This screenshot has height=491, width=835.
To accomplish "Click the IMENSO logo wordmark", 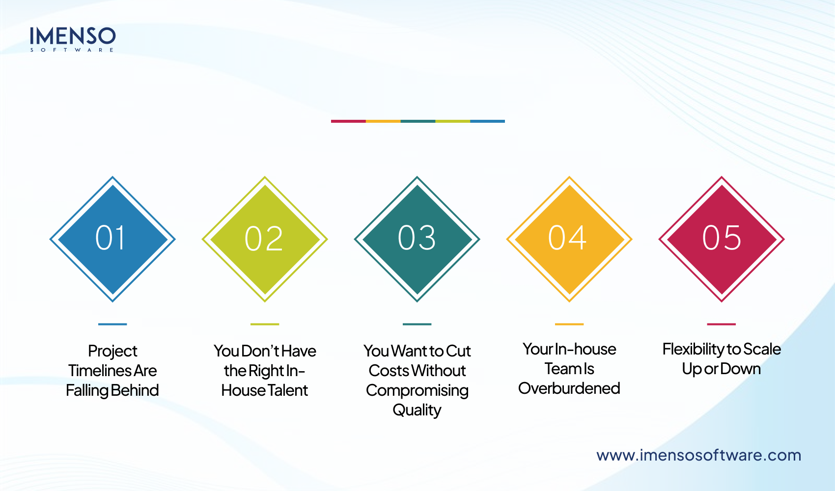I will tap(72, 36).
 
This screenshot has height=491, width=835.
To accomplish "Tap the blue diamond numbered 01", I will tap(112, 239).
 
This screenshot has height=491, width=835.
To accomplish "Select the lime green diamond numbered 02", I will tap(265, 239).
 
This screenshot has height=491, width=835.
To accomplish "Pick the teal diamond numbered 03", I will tap(417, 239).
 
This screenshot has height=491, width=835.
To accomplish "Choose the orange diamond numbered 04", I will tap(569, 239).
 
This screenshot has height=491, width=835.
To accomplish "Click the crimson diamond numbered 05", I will tap(722, 239).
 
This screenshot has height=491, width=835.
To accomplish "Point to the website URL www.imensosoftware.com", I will tap(698, 455).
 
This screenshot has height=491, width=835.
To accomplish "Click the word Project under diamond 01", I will tap(112, 351).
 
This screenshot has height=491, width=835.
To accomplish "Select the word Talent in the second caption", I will tap(288, 390).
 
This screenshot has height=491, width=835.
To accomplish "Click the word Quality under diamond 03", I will tap(417, 410).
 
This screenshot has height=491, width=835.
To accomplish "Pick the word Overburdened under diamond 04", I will tap(569, 388).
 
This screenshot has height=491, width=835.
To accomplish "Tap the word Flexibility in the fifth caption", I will tap(693, 349).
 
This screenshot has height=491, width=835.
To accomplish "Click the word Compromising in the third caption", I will tap(417, 390).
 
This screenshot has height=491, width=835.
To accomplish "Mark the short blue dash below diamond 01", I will tap(112, 324).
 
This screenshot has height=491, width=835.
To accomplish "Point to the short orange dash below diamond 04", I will tap(569, 324).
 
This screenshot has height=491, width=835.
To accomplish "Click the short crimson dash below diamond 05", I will tap(722, 324).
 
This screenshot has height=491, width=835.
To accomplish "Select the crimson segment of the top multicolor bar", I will tap(348, 121).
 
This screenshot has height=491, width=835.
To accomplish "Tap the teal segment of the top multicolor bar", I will tap(418, 121).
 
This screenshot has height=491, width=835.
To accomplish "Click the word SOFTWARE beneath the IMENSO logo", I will tap(72, 50).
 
